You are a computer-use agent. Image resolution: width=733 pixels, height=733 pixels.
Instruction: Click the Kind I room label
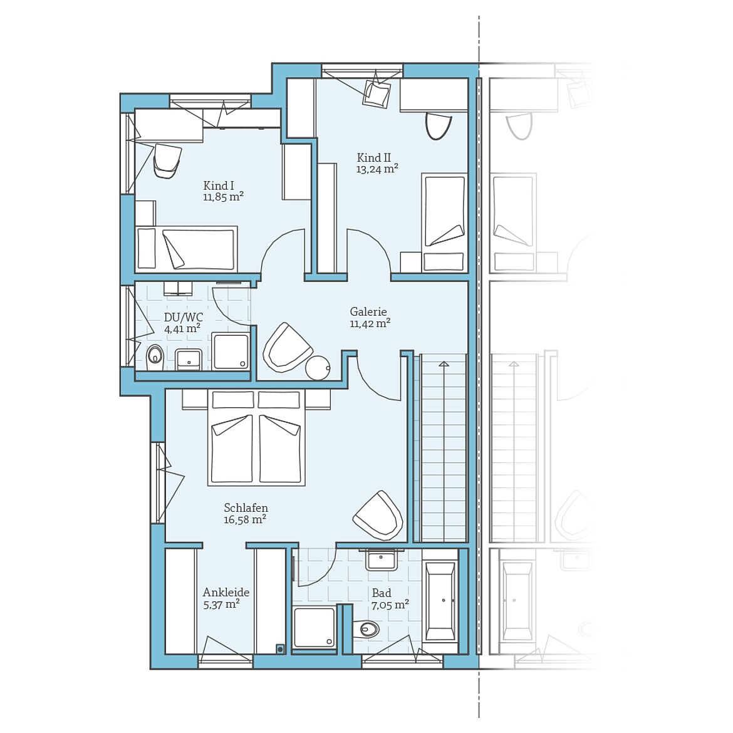coord(219,185)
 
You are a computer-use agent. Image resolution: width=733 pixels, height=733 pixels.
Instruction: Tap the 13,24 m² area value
coord(377,169)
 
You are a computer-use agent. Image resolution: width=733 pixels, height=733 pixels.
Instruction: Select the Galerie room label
coord(368,311)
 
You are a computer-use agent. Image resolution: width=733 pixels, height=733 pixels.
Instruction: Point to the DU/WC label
coord(183,317)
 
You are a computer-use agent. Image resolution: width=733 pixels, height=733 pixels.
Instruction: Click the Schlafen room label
coord(246,508)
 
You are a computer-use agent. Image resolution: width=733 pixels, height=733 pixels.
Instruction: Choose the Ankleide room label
coord(226,592)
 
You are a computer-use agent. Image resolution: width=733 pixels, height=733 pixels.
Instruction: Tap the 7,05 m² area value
coord(390,605)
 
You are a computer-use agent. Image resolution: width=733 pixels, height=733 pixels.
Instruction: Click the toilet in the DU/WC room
coord(154,357)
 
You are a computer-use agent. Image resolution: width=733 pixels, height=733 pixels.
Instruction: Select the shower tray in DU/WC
coord(231,351)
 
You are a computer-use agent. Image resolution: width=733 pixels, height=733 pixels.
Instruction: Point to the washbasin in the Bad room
coord(382,559)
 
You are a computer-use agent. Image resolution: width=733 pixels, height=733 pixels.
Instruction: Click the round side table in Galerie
coord(318,368)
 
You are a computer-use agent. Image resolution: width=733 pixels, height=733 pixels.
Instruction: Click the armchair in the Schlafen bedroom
coord(378,516)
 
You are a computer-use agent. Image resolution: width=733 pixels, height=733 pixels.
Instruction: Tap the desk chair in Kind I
coord(167,160)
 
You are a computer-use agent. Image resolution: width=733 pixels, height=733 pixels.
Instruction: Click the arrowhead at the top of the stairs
coord(444,363)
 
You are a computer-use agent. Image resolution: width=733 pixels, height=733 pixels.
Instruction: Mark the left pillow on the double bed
coord(231,400)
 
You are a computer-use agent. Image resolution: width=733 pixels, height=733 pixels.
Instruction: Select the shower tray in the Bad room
coord(315,627)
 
